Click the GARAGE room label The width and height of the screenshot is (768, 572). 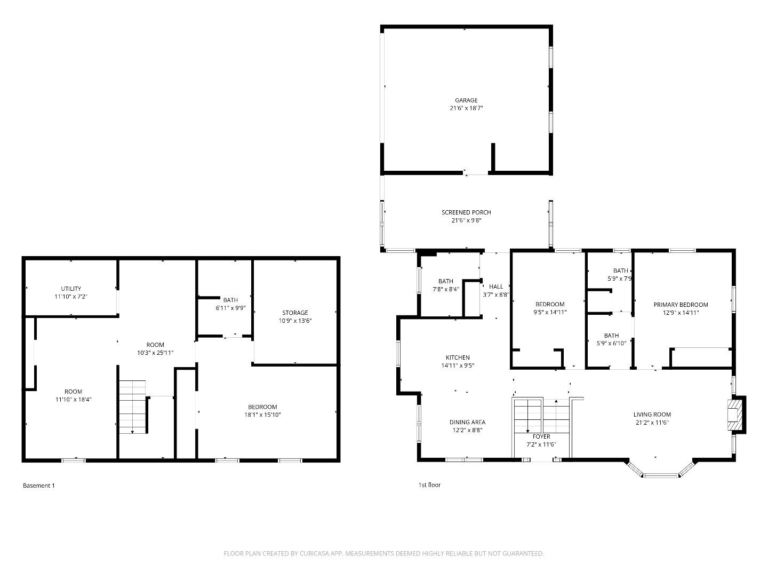(466, 100)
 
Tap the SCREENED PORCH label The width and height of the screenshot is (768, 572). (466, 212)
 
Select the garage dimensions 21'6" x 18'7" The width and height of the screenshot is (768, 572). (466, 108)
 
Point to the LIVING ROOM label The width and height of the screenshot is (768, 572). (652, 415)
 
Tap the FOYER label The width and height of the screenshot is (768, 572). (541, 436)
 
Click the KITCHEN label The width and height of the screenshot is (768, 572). (458, 357)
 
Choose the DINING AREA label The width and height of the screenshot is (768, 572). (467, 422)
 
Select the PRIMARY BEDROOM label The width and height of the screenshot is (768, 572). (681, 305)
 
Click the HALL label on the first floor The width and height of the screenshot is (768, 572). (496, 287)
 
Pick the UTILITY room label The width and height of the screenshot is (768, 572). (71, 289)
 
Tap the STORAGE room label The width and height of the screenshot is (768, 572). (295, 313)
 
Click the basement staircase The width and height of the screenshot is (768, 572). (133, 407)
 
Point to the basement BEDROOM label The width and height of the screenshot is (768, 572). (262, 407)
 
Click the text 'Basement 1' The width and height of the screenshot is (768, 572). (39, 486)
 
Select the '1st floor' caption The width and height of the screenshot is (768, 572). (429, 484)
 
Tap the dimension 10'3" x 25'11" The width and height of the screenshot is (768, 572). (155, 353)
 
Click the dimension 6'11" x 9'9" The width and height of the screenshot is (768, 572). (230, 308)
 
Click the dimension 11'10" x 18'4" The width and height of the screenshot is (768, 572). (74, 399)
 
